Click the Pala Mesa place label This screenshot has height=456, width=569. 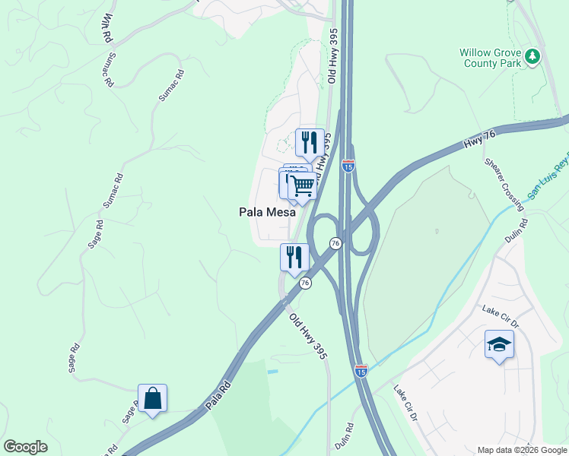(267, 214)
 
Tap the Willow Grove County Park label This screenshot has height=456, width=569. (494, 58)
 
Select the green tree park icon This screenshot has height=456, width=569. (533, 55)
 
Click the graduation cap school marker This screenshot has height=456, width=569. (499, 346)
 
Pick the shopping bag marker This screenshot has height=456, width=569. (153, 398)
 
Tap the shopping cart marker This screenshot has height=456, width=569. (303, 185)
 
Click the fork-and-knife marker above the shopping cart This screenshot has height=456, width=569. (309, 142)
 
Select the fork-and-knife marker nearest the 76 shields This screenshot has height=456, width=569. (294, 258)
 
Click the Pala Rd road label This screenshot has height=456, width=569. (218, 398)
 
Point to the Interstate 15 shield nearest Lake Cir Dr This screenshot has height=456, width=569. (361, 370)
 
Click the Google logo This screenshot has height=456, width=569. (25, 447)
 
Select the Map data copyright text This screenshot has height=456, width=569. (522, 450)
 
